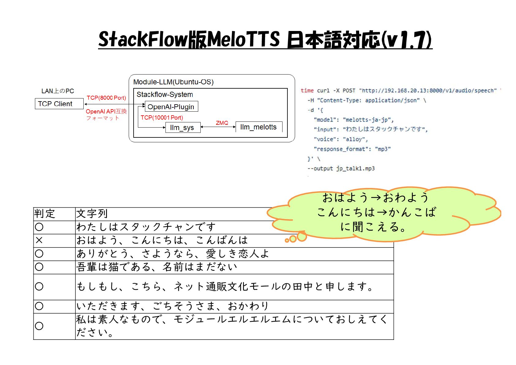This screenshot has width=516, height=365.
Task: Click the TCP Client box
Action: click(x=59, y=104)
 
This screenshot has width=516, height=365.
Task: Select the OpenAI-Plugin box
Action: click(x=171, y=106)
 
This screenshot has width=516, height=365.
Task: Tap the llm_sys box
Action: click(x=182, y=127)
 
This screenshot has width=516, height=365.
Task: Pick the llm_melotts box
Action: click(x=258, y=127)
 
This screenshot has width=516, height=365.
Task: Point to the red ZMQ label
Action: click(x=222, y=123)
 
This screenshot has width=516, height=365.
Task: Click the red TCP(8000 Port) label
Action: click(x=106, y=98)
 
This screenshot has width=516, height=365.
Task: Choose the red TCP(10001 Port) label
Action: click(x=162, y=117)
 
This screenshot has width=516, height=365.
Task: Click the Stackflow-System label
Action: click(x=165, y=94)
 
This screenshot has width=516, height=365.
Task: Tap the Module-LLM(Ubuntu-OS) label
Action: click(x=173, y=82)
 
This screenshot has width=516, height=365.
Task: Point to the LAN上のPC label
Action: click(x=58, y=91)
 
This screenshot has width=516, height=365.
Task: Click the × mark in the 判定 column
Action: click(x=39, y=240)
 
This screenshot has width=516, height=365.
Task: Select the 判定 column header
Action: click(x=45, y=213)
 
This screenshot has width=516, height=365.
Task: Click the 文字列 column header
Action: click(x=92, y=213)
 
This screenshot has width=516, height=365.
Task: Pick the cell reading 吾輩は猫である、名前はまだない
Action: click(x=157, y=267)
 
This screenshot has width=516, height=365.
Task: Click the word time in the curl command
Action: click(x=307, y=90)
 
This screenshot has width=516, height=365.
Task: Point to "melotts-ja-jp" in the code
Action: click(x=368, y=120)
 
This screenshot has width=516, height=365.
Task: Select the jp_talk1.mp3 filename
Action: click(x=355, y=168)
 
